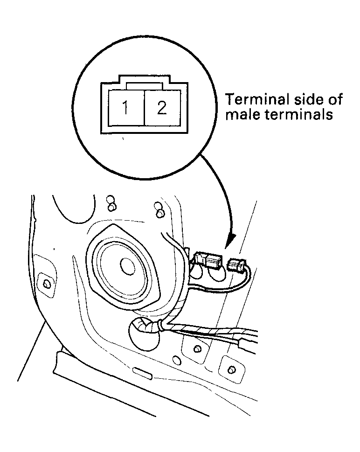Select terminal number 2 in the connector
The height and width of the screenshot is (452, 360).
point(161,108)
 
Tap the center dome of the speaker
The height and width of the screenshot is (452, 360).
point(127,266)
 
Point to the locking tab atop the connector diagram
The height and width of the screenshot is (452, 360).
point(145,84)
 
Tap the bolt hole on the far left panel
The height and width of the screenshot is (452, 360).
point(46,283)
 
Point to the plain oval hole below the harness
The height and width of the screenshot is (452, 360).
point(177,361)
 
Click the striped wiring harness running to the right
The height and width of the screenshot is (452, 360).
point(210,330)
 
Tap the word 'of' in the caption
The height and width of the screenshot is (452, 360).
point(336,99)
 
